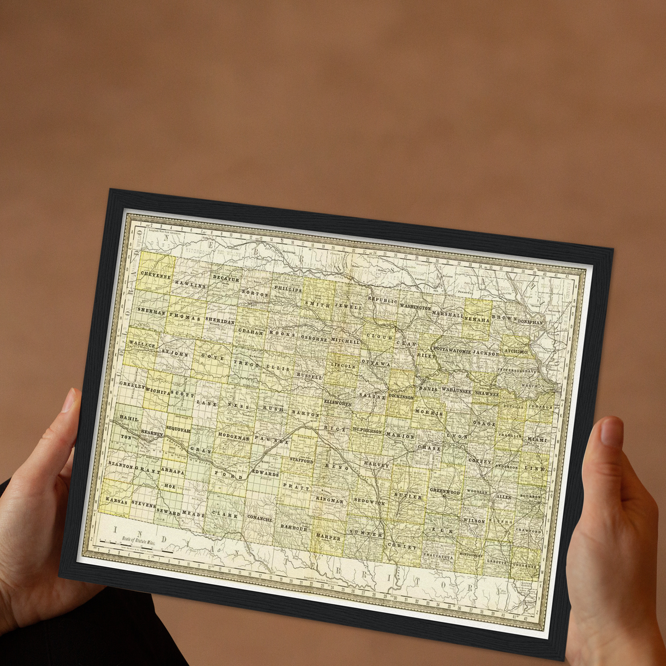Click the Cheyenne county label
156,275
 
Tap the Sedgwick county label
370,501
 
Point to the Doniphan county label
530,322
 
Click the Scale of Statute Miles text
139,540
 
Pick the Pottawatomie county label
452,350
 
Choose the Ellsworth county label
337,402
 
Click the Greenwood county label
445,491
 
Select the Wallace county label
142,344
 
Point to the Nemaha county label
477,319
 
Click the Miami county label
537,439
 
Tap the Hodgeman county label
234,436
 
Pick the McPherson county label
367,431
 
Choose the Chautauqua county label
438,556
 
